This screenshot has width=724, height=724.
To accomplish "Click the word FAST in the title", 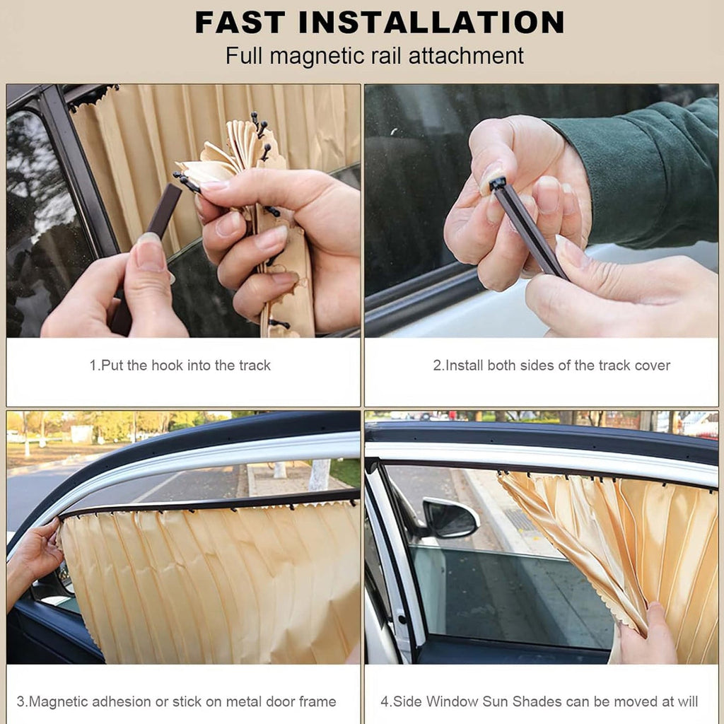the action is [x=240, y=22].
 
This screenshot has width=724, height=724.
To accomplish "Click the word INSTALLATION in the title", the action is [x=432, y=22].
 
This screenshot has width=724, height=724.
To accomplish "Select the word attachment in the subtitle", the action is [x=466, y=56].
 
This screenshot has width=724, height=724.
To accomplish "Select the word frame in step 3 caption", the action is [x=317, y=701].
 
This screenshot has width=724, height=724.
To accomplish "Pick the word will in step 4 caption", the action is [x=687, y=701].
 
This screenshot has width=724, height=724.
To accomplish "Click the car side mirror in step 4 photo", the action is [x=451, y=517].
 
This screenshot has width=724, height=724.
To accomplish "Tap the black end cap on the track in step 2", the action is [x=497, y=184].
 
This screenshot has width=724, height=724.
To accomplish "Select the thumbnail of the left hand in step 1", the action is [x=148, y=252].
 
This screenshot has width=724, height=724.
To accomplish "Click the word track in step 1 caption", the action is [x=255, y=366].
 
